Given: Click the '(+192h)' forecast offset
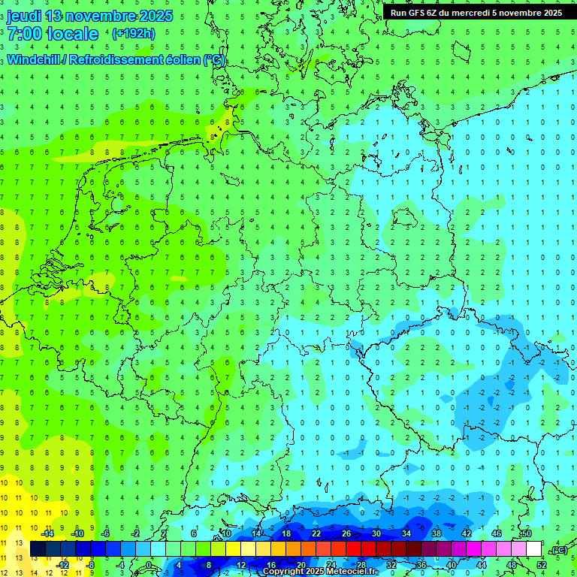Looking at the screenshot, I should pos(133,34).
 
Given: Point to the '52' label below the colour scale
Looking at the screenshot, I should pos(541,564).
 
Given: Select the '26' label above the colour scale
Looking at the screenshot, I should pos(346,533).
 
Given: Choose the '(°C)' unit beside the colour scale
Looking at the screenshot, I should pos(559,550).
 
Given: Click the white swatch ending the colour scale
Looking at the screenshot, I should pos(533,549).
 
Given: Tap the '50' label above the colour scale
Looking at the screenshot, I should pos(526,533).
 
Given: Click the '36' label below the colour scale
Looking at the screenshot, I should pos(421,564).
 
